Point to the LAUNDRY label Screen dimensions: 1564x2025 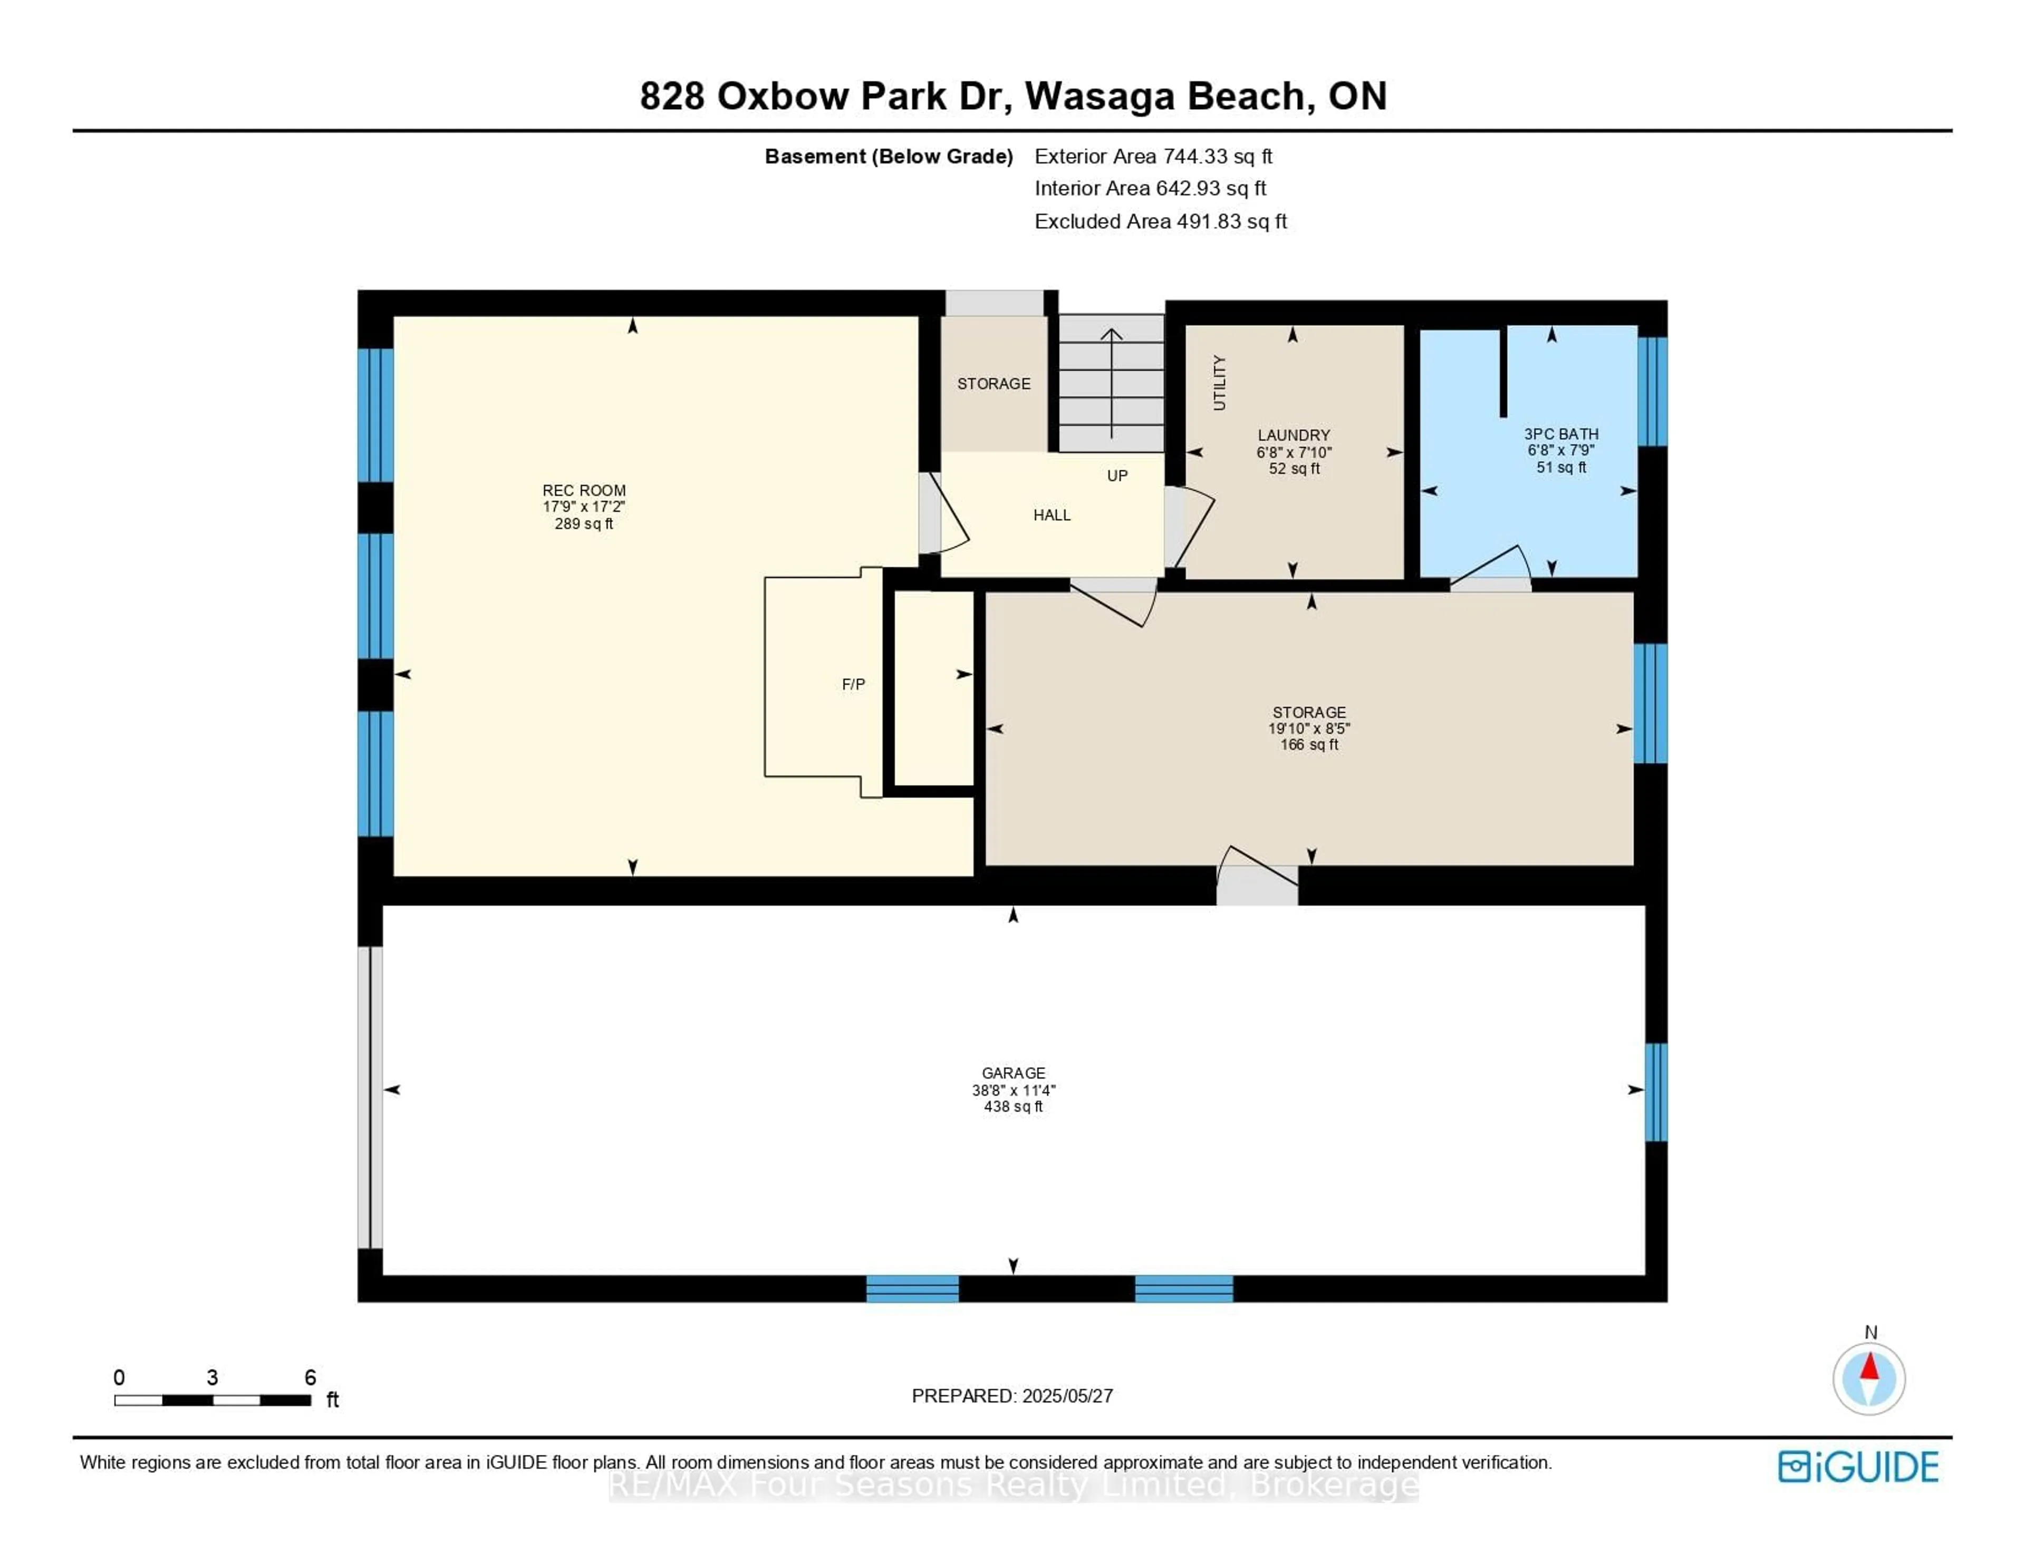coord(1294,435)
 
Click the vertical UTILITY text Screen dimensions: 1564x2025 coord(1219,383)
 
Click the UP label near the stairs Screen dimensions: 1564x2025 coord(1117,475)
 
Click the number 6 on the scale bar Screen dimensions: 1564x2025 coord(311,1377)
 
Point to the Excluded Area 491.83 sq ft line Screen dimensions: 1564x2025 coord(1160,221)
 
